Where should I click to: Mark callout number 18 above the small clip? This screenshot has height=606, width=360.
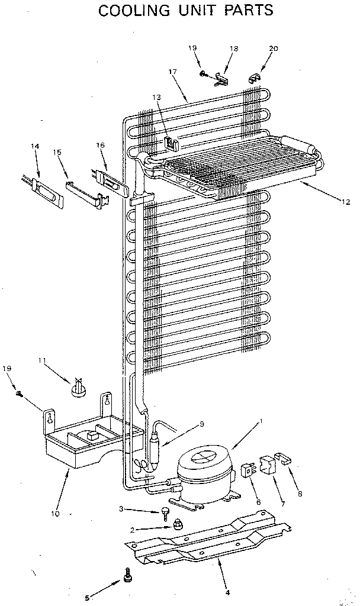coord(234,49)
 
